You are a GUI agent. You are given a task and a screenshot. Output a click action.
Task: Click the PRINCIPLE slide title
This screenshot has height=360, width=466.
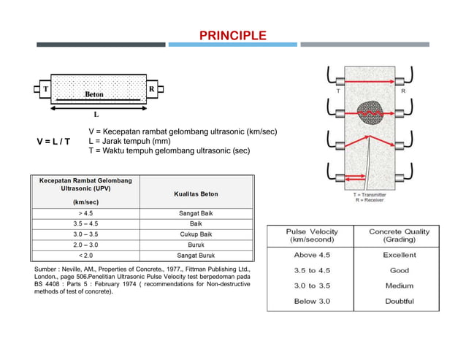pos(233,36)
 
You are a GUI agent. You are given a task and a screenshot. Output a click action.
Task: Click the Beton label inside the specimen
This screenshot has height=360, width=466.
pos(94,94)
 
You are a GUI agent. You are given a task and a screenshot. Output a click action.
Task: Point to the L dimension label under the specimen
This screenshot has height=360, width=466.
pos(96,115)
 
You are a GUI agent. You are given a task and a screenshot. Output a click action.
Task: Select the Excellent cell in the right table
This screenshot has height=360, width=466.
pos(399,255)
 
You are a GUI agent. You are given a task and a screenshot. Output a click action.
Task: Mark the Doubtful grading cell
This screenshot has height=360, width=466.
pos(399,301)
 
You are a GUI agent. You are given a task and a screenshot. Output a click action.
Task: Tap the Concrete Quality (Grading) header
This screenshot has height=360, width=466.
pos(399,235)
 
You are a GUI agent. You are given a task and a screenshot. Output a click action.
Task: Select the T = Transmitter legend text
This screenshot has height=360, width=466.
pos(370,195)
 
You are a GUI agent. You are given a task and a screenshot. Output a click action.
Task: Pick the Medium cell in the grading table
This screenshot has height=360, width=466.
pos(399,286)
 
